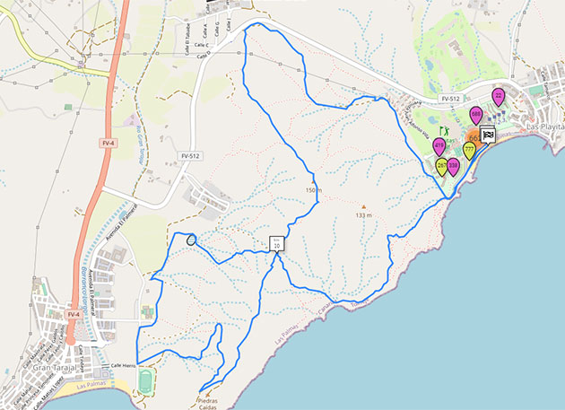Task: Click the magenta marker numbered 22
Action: click(499, 95)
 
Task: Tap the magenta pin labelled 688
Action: click(476, 114)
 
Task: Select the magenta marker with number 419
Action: click(439, 145)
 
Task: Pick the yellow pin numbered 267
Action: click(442, 165)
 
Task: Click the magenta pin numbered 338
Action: click(454, 165)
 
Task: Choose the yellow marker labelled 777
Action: click(469, 149)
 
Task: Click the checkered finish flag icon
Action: click(488, 135)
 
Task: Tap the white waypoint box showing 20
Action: click(276, 242)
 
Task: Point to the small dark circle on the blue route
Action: click(191, 240)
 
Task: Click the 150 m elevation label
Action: click(313, 190)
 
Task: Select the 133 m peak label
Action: click(363, 215)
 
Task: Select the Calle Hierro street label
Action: click(123, 366)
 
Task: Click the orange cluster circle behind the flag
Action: click(473, 137)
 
